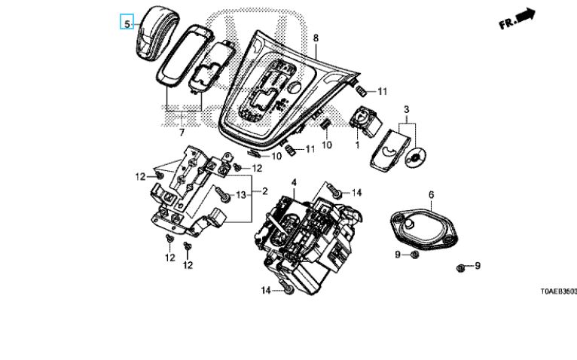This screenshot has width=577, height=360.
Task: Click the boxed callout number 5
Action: pos(127,24)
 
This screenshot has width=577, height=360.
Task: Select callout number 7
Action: pos(182,133)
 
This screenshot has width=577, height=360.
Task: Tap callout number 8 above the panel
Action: pos(316,38)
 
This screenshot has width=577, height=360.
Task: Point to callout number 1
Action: pos(358,143)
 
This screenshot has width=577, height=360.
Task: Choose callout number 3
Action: pos(407,109)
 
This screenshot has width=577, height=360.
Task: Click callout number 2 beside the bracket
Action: pos(264,191)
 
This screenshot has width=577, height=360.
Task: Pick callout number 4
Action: pos(295,182)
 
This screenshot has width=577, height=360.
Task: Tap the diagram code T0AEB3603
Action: pos(557,291)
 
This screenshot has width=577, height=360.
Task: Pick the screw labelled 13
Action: pos(223,195)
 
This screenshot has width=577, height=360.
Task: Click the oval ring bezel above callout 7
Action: pos(183,56)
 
